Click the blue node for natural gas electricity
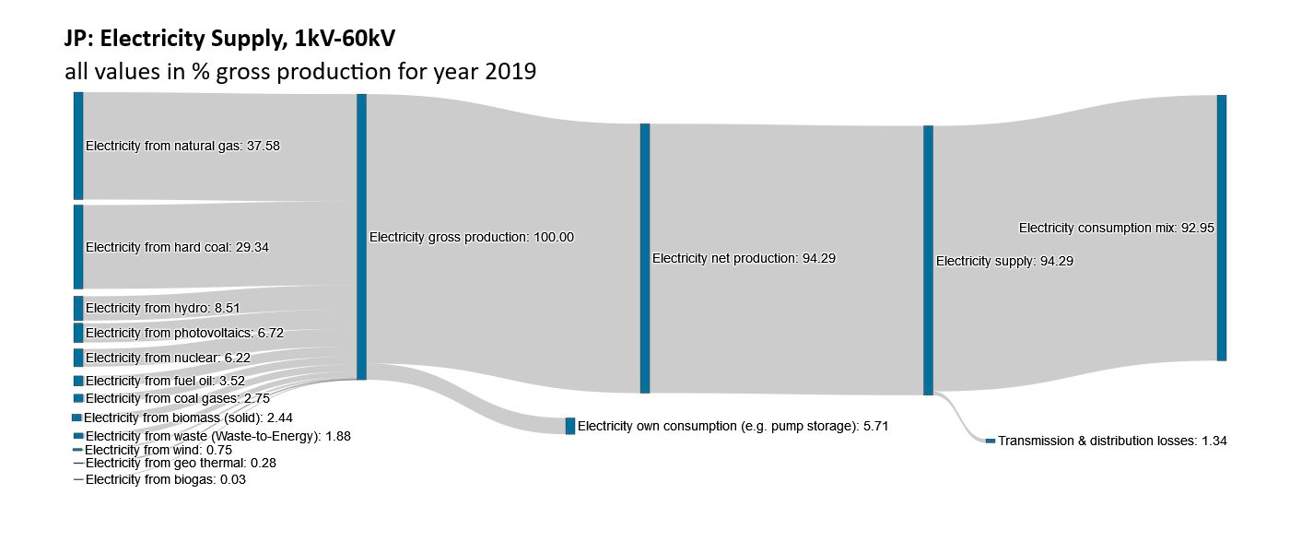78,146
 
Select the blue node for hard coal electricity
78,247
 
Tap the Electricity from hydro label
162,308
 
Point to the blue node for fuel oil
78,381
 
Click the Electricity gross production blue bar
361,237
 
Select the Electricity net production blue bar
645,258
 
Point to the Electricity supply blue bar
928,261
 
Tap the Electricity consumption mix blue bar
1222,228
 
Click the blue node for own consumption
570,426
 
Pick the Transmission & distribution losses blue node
991,441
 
